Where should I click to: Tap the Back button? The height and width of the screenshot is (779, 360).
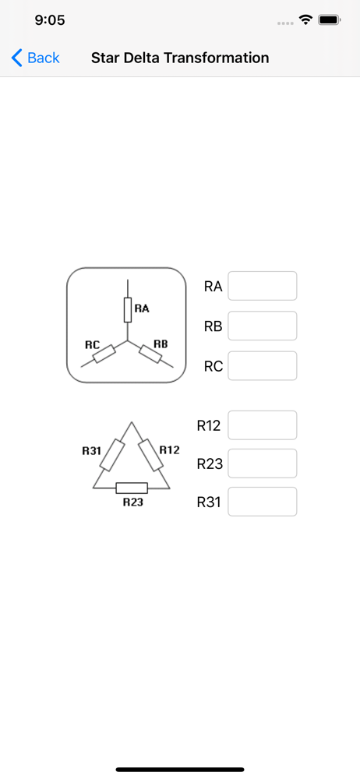[35, 58]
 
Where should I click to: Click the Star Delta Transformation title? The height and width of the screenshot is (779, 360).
[180, 58]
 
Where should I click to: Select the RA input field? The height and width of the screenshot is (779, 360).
[263, 286]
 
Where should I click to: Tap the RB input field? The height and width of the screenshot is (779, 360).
[263, 326]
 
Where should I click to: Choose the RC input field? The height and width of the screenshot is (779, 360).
[263, 366]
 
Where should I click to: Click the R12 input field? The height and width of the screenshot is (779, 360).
[263, 425]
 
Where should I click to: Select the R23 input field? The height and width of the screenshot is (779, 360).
[263, 464]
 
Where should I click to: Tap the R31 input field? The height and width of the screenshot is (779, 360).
[263, 502]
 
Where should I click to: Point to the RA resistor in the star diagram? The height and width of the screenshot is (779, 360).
[128, 311]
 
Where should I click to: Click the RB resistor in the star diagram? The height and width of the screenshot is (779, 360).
[150, 353]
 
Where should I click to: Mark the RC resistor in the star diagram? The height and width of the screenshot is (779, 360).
[104, 354]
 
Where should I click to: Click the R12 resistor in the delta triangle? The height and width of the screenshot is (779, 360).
[150, 455]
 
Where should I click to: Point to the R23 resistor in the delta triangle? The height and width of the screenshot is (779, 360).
[132, 488]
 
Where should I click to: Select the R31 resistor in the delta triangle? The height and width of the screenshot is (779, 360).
[112, 455]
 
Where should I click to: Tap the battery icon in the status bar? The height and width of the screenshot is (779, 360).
[329, 20]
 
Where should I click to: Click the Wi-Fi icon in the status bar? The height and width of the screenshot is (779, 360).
[305, 19]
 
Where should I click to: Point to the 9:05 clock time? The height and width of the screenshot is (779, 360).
[50, 20]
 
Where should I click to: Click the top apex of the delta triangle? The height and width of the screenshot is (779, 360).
[131, 422]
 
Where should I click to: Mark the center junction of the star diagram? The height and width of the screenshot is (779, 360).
[128, 341]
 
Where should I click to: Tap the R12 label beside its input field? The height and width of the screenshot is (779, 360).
[209, 426]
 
